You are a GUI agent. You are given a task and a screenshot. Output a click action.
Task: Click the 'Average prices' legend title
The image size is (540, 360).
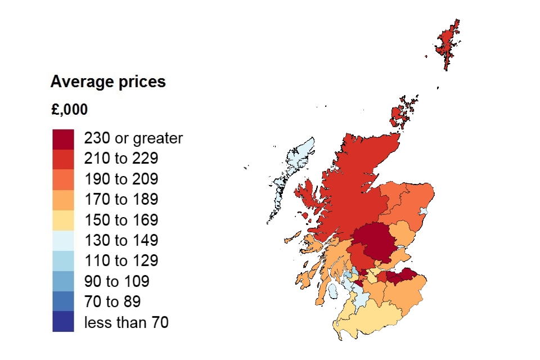(108, 82)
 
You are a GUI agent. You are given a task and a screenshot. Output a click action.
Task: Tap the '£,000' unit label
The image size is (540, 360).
(69, 110)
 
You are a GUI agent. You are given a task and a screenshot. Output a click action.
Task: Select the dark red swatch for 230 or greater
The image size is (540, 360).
(63, 138)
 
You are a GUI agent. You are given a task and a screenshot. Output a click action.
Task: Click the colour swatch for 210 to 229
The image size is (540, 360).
(63, 159)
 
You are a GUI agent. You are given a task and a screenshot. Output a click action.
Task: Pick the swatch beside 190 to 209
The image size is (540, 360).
(63, 179)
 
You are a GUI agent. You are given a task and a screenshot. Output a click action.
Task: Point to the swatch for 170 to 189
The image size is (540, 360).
(63, 200)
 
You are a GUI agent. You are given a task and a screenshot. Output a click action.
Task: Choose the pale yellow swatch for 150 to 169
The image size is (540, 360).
(63, 220)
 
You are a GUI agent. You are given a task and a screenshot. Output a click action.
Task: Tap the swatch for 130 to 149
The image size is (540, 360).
(63, 241)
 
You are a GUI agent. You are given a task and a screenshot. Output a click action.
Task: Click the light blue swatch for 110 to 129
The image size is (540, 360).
(63, 261)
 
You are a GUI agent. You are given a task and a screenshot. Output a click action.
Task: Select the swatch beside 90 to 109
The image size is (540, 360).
(63, 281)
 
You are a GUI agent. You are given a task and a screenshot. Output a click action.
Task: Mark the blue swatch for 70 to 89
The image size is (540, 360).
(63, 301)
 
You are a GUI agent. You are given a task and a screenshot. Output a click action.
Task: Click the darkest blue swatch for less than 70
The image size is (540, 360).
(63, 322)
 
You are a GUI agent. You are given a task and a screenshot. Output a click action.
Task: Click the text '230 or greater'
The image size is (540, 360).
(133, 138)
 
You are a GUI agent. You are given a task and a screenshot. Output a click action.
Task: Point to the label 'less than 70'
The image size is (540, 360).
(126, 322)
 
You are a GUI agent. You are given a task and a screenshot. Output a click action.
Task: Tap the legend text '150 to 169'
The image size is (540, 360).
(121, 220)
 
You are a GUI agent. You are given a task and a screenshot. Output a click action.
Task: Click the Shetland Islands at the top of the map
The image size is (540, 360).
(448, 45)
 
